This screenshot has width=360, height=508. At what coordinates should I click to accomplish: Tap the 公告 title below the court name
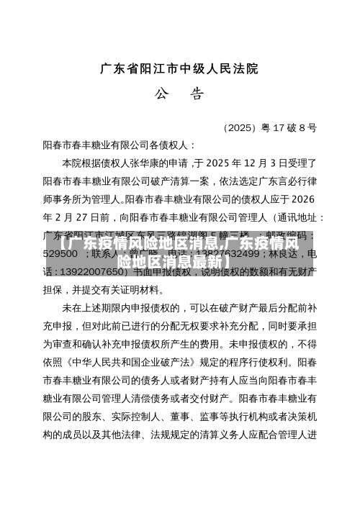pyautogui.click(x=179, y=94)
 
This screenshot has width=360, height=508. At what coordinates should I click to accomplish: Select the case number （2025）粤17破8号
pyautogui.click(x=269, y=128)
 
